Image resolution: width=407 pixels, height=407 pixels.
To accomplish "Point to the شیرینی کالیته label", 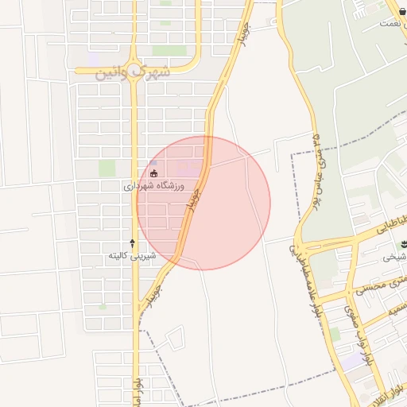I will (132, 256).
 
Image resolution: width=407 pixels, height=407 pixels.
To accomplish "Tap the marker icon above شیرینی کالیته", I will (132, 242).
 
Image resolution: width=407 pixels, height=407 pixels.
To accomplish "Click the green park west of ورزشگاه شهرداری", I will (107, 168).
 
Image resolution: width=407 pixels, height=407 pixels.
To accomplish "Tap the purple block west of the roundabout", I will (94, 60).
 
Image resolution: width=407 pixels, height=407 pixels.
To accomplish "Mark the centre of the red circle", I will (203, 203).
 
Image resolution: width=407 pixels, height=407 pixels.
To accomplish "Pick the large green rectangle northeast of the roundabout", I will (169, 50).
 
